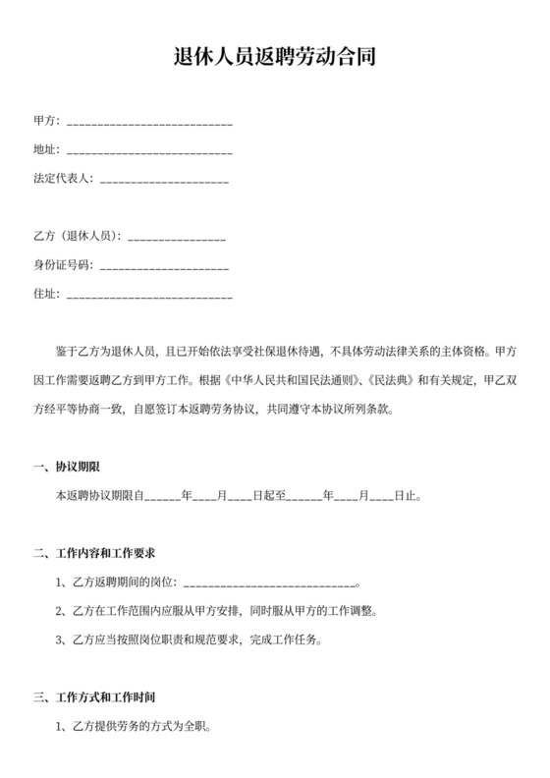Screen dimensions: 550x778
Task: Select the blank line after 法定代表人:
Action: click(x=164, y=180)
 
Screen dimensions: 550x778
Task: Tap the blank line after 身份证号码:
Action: click(x=164, y=265)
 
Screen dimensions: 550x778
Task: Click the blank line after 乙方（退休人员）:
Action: click(x=177, y=237)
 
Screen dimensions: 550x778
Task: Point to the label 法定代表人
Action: click(x=62, y=180)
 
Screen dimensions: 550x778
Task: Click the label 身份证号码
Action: click(x=62, y=265)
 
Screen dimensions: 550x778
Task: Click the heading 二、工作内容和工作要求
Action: click(x=95, y=553)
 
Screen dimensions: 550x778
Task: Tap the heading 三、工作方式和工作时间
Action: click(x=95, y=697)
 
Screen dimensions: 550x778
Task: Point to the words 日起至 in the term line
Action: click(x=268, y=496)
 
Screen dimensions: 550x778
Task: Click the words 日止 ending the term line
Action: click(x=406, y=496)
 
